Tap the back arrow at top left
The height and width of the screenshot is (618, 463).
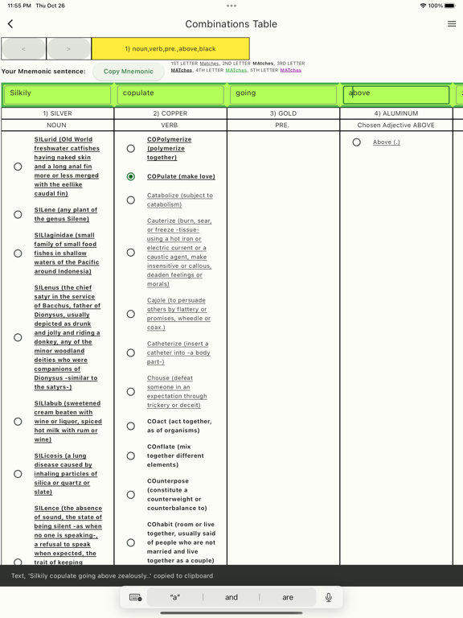tap(10, 24)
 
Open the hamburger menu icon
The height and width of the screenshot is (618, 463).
tap(452, 24)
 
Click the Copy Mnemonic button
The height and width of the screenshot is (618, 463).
tap(129, 71)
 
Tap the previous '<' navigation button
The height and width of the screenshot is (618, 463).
tap(23, 49)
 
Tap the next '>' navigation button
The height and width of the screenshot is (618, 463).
tap(68, 49)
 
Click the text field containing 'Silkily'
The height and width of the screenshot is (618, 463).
tap(57, 94)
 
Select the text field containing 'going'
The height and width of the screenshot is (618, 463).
tap(283, 94)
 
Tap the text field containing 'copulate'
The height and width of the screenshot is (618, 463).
tap(170, 94)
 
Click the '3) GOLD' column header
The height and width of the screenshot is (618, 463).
tap(283, 113)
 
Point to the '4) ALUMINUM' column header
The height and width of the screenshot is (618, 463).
tap(395, 113)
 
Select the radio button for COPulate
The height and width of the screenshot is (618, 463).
tap(131, 176)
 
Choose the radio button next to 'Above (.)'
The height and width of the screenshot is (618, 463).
tap(357, 142)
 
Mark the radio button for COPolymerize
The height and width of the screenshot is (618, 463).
tap(131, 148)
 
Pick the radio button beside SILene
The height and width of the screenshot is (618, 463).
tap(18, 214)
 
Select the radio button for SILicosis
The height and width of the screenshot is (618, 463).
tap(18, 474)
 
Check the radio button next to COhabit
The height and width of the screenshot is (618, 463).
tap(131, 542)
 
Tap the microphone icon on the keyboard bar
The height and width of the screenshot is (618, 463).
tap(328, 598)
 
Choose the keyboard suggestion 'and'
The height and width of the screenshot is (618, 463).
tap(231, 598)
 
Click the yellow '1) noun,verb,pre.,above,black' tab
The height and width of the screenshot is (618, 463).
tap(170, 49)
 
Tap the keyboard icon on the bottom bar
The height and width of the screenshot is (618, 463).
tap(135, 598)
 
